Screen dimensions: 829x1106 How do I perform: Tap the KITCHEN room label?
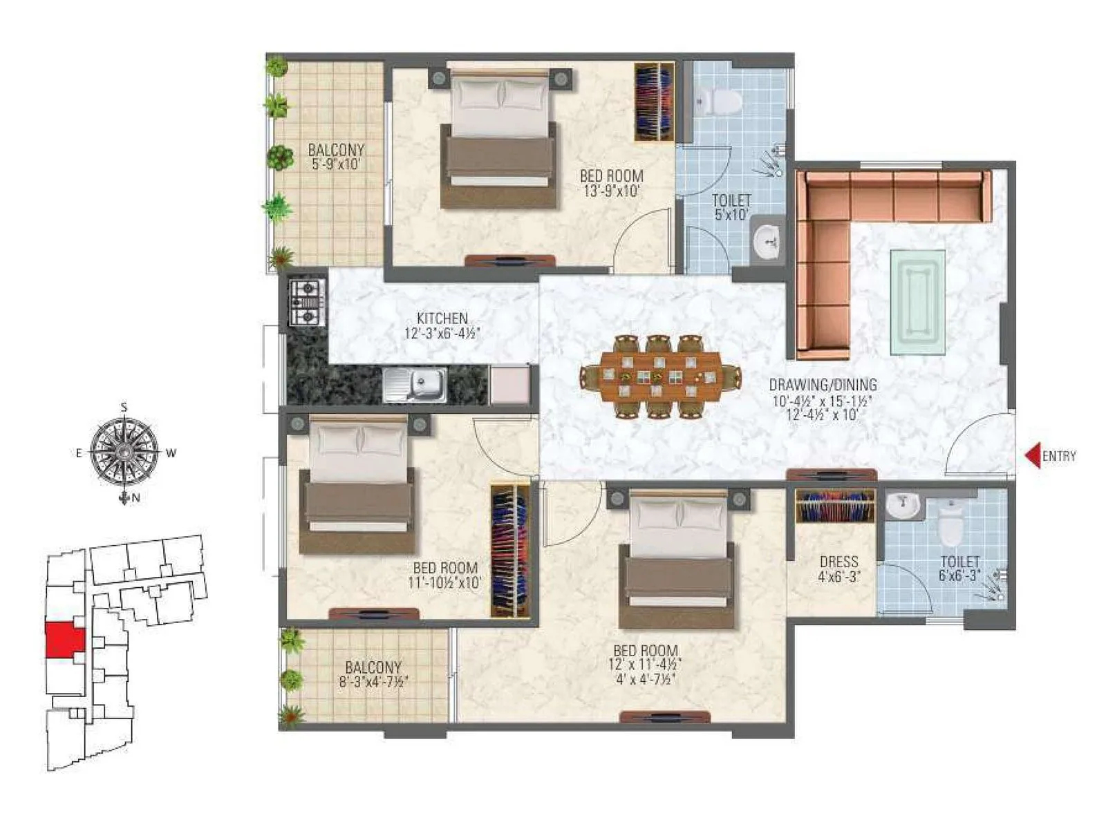tap(442, 318)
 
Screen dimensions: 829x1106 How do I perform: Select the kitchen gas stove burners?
tap(307, 302)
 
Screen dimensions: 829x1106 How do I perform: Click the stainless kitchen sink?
tap(414, 384)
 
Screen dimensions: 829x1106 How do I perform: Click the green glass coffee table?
tap(918, 302)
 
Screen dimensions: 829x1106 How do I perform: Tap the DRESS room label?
tap(838, 562)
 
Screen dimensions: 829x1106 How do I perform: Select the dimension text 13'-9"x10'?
tap(611, 191)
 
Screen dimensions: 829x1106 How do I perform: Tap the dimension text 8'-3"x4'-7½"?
tap(373, 682)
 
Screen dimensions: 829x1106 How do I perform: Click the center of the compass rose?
tap(124, 452)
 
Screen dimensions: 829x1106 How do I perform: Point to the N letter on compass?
tap(136, 498)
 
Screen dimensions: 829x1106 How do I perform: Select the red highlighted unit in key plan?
tap(64, 640)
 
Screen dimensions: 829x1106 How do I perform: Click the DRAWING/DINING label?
tap(823, 385)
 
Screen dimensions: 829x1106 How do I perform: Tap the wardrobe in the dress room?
tap(835, 506)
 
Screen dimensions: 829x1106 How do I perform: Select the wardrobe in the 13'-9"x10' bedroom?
tap(654, 102)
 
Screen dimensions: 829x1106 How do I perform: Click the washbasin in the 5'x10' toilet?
tap(769, 240)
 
